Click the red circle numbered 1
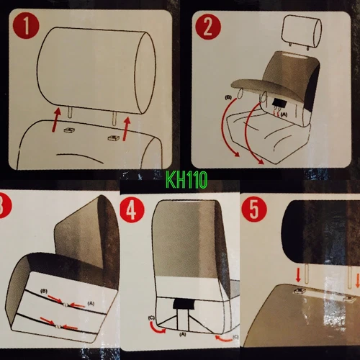26,26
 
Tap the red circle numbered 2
208,27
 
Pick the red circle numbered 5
254,210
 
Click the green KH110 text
186,180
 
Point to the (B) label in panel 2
228,98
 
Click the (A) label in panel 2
284,114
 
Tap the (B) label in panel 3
44,291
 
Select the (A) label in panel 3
91,303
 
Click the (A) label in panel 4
182,334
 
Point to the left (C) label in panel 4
151,318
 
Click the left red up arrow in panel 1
55,120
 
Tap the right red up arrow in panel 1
126,128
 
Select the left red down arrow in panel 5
298,275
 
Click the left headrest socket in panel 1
69,130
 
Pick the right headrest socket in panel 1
112,138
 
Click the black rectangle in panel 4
183,304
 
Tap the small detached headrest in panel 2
302,32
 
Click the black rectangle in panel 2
279,102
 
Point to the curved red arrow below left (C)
156,329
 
